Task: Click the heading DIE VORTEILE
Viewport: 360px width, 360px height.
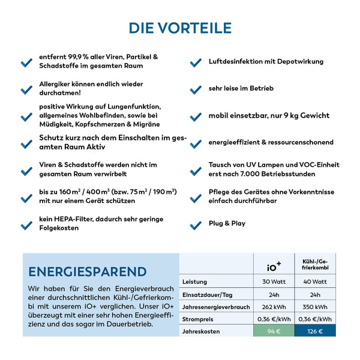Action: (180, 28)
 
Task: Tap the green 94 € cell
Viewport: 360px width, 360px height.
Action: (274, 331)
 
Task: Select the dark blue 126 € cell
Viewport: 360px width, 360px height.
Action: (314, 331)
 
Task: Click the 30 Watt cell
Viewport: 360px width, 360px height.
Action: (274, 281)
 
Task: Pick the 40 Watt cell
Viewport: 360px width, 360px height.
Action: (314, 281)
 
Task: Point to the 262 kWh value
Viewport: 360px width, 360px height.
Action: (274, 306)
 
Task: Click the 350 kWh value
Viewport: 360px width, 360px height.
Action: (314, 306)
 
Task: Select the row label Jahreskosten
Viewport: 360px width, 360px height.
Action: (202, 331)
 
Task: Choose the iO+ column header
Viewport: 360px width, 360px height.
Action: (274, 266)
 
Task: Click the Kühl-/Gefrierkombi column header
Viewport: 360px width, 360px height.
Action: (314, 264)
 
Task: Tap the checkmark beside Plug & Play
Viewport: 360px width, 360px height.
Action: (195, 226)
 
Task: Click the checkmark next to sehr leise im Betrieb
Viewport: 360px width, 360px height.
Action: (195, 90)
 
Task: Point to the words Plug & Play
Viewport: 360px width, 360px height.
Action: (227, 224)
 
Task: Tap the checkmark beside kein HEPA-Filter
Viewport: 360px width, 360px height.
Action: (26, 226)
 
